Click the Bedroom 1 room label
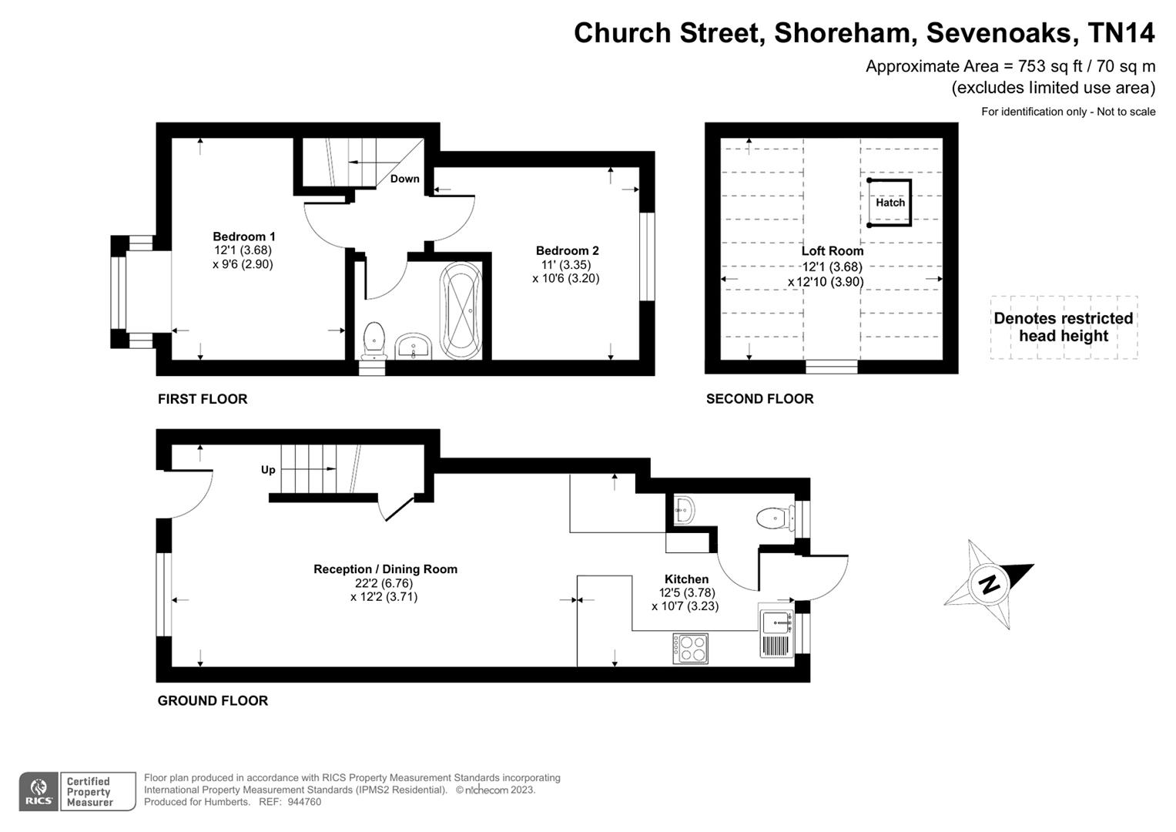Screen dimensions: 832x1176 (243, 237)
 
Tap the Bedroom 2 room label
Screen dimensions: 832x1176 (567, 250)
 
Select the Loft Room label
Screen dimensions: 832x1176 (832, 251)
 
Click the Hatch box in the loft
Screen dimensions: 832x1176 (890, 203)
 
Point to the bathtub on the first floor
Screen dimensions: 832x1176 (461, 311)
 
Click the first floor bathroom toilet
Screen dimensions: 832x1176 (374, 339)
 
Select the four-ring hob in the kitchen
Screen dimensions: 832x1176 (690, 648)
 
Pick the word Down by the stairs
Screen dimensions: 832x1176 (404, 179)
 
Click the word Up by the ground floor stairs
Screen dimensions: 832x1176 (268, 470)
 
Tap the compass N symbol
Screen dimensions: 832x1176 (988, 583)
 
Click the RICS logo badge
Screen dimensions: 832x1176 (39, 791)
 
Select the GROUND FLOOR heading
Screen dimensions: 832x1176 (213, 700)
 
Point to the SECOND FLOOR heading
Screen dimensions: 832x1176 (759, 398)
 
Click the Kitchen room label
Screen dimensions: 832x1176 (686, 579)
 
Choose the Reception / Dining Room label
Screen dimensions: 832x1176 (385, 569)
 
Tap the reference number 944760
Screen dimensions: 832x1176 (304, 802)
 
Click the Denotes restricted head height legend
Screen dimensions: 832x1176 (1063, 327)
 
